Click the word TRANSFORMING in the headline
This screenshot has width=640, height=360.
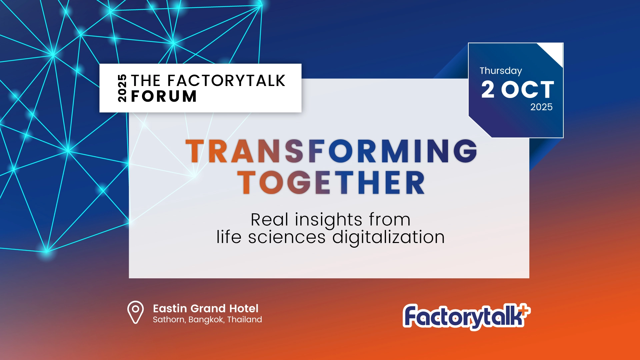pyautogui.click(x=331, y=151)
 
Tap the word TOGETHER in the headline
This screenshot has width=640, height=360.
pyautogui.click(x=331, y=182)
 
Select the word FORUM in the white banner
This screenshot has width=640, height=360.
pyautogui.click(x=164, y=96)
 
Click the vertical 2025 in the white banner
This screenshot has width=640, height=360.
pyautogui.click(x=122, y=88)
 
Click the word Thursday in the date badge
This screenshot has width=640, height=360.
pyautogui.click(x=501, y=71)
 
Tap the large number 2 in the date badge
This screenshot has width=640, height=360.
pyautogui.click(x=488, y=89)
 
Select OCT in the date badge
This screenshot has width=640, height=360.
pyautogui.click(x=528, y=89)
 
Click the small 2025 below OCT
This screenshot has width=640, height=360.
pyautogui.click(x=541, y=107)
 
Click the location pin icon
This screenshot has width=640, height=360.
pyautogui.click(x=135, y=312)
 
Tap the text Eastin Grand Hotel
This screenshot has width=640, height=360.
pyautogui.click(x=206, y=308)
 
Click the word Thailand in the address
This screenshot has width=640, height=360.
pyautogui.click(x=245, y=320)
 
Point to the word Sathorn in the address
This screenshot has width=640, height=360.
pyautogui.click(x=169, y=320)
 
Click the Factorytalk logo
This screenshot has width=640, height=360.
pyautogui.click(x=466, y=317)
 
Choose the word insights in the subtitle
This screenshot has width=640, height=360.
pyautogui.click(x=328, y=220)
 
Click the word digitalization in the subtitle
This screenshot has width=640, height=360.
pyautogui.click(x=389, y=238)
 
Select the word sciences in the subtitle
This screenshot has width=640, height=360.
pyautogui.click(x=287, y=237)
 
